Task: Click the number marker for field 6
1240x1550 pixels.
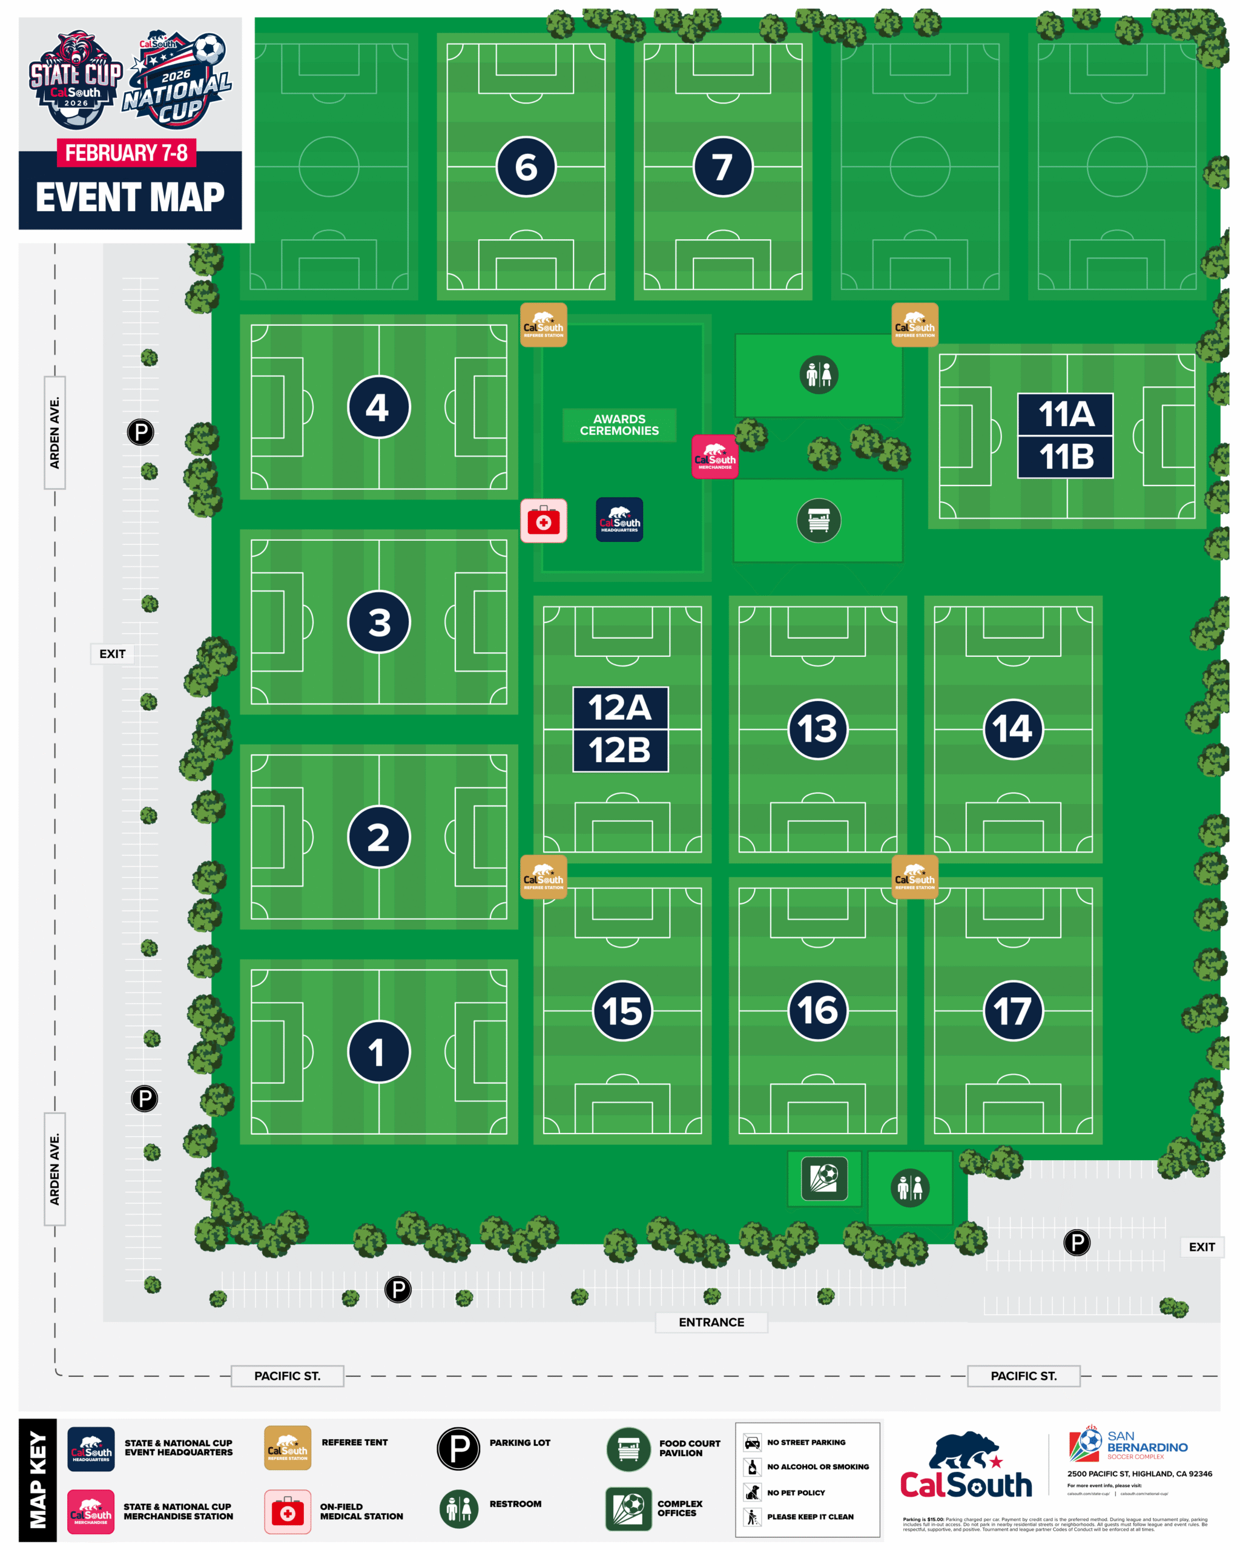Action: tap(526, 167)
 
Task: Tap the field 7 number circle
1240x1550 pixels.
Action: tap(722, 167)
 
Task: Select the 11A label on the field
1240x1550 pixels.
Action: tap(1064, 414)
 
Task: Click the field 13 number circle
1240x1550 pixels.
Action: tap(817, 729)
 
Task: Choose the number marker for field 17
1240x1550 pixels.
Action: tap(1012, 1011)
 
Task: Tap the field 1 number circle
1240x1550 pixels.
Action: tap(378, 1052)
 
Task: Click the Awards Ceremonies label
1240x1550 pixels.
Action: tap(619, 425)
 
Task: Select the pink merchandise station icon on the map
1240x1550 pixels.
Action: tap(714, 457)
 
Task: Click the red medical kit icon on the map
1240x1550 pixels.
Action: tap(544, 521)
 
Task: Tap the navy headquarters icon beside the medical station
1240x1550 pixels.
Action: tap(619, 519)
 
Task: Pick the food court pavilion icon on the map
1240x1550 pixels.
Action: tap(818, 519)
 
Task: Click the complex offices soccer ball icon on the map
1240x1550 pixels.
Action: tap(824, 1178)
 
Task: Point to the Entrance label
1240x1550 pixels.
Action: tap(711, 1322)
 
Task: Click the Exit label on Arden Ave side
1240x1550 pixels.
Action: tap(112, 653)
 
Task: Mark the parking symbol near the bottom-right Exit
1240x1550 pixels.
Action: tap(1076, 1242)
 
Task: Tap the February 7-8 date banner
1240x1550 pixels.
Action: tap(126, 153)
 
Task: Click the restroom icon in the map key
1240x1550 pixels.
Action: tap(458, 1508)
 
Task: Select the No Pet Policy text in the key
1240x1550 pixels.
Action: tap(795, 1492)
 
